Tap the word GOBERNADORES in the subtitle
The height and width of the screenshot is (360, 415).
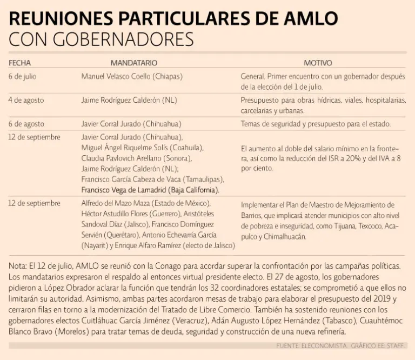(119, 39)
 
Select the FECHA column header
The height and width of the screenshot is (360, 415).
(19, 63)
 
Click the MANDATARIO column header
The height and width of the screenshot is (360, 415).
(134, 63)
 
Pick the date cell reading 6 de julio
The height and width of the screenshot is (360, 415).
(22, 77)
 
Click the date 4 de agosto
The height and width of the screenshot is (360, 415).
(26, 100)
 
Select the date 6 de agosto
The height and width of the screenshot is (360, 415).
(26, 124)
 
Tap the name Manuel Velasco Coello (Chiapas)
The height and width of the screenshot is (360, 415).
(132, 77)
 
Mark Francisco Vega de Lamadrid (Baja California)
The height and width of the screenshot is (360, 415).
(150, 190)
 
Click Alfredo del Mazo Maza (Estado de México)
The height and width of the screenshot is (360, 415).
(146, 204)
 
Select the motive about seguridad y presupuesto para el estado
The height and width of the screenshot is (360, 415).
(316, 124)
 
